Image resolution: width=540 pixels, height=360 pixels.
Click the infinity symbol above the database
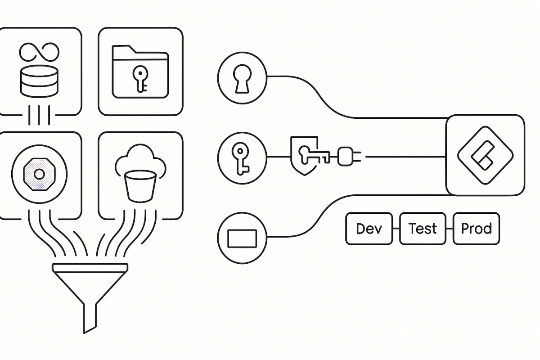(39, 53)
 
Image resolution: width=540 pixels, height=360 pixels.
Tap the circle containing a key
(242, 157)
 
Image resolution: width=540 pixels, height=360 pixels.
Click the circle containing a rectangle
(242, 237)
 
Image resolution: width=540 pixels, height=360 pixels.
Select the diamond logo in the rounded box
(485, 155)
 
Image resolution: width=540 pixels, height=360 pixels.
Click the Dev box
(369, 229)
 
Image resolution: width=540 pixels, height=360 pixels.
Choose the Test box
(423, 229)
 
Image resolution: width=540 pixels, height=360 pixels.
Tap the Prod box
(476, 229)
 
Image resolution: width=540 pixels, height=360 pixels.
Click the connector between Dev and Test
(396, 229)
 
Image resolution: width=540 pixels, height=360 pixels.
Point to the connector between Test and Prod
(450, 229)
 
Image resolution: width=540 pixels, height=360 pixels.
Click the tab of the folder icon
(124, 49)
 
